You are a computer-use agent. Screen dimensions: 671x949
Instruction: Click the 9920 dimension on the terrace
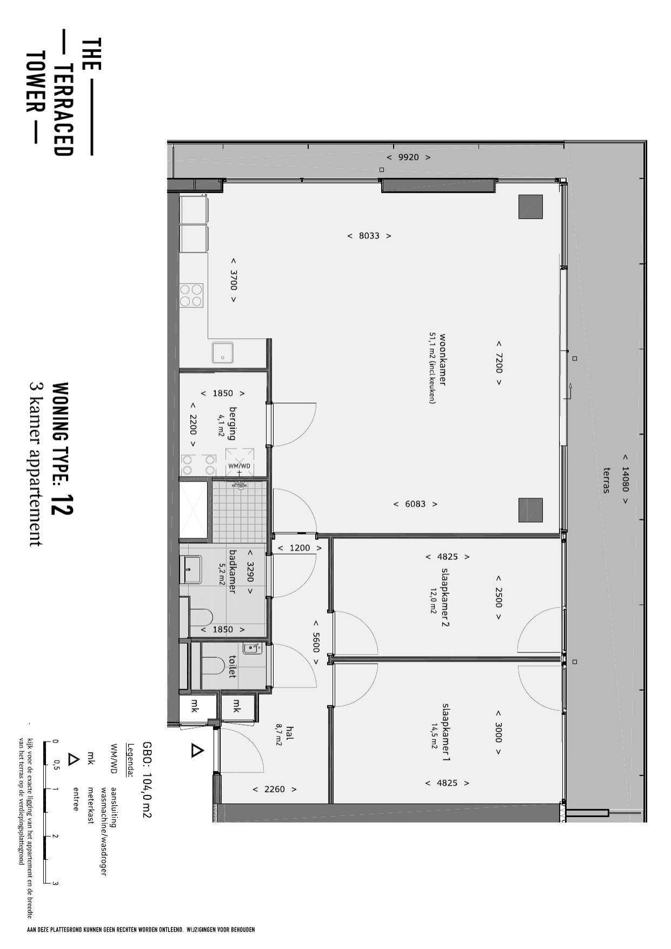point(408,157)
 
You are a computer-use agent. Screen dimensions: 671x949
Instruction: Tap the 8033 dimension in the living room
point(369,236)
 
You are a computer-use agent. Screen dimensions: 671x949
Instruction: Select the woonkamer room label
point(442,359)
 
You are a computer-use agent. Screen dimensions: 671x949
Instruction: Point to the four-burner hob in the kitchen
point(191,296)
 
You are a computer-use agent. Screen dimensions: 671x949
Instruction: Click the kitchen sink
point(223,352)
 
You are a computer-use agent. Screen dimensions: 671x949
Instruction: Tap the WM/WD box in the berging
point(240,462)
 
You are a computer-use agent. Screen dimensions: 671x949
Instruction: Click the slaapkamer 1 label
point(446,732)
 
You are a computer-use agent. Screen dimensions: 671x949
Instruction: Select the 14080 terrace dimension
point(625,478)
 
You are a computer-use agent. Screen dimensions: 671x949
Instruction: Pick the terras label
point(606,480)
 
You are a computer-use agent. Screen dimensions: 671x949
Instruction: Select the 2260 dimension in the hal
point(274,789)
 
